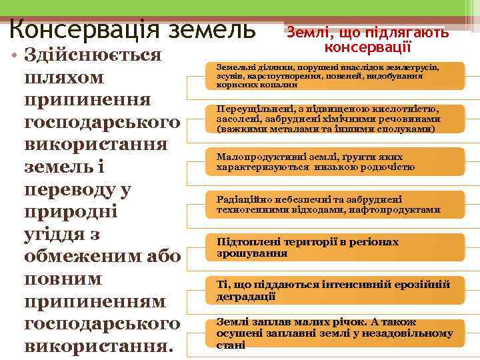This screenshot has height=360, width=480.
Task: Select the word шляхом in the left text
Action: [64, 77]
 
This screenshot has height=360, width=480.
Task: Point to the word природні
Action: [70, 211]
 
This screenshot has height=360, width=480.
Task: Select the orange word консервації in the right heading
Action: [367, 47]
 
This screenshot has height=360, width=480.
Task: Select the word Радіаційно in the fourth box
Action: [243, 199]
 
